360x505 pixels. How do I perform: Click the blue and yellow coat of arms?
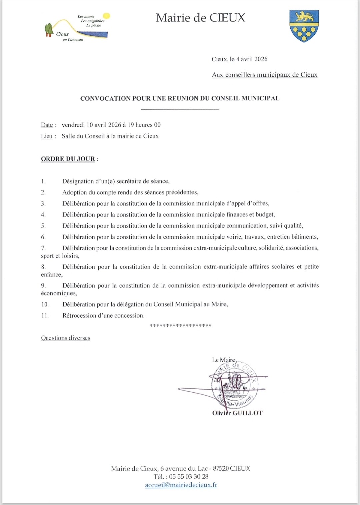[x=304, y=26]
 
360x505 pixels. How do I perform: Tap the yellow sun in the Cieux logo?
[x=106, y=16]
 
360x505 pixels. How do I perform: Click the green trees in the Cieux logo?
[x=49, y=29]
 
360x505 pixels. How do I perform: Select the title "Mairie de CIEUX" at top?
[x=200, y=18]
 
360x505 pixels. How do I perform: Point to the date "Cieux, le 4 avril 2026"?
[x=239, y=59]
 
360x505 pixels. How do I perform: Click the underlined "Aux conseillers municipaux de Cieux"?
[x=264, y=75]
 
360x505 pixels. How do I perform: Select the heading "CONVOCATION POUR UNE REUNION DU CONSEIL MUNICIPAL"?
[x=180, y=98]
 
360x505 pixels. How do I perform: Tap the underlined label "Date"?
[x=47, y=125]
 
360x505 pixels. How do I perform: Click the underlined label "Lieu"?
[x=47, y=136]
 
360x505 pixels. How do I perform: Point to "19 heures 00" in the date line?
[x=144, y=125]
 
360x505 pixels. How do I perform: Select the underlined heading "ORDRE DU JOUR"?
[x=68, y=159]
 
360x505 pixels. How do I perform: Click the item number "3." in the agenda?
[x=43, y=203]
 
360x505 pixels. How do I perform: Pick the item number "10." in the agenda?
[x=45, y=305]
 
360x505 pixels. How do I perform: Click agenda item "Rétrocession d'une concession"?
[x=103, y=316]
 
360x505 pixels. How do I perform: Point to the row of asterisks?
[x=181, y=326]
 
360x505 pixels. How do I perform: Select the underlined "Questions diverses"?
[x=66, y=338]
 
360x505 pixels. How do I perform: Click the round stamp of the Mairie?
[x=235, y=385]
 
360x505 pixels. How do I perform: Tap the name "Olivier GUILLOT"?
[x=237, y=413]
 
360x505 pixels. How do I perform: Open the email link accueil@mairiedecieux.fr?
[x=181, y=485]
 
